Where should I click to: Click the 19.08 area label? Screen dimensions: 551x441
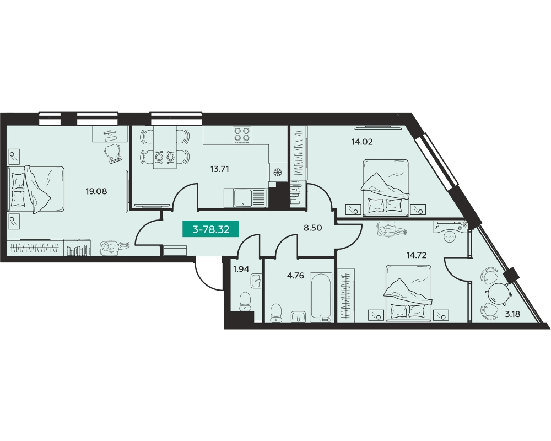click(x=96, y=192)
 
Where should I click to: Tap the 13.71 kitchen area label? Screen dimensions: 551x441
click(x=220, y=169)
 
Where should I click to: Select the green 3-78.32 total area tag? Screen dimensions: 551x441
click(x=211, y=230)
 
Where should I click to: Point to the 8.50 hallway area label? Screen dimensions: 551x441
click(x=313, y=228)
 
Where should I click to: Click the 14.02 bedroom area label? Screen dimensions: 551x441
click(x=362, y=142)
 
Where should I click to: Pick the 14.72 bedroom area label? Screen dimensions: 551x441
click(x=417, y=255)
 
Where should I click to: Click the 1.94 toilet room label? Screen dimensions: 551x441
click(x=241, y=270)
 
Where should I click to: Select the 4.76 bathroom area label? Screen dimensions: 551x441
click(x=295, y=276)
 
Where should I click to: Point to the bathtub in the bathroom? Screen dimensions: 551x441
click(x=321, y=297)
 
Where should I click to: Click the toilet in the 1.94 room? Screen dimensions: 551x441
click(x=245, y=302)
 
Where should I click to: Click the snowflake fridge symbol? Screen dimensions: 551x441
click(x=278, y=173)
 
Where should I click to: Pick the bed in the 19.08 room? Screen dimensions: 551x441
click(x=36, y=190)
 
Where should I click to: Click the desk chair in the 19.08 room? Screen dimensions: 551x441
click(x=113, y=154)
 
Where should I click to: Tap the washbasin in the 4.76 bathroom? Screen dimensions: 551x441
click(x=299, y=316)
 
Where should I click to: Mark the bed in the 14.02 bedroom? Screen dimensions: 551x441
click(x=386, y=187)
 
